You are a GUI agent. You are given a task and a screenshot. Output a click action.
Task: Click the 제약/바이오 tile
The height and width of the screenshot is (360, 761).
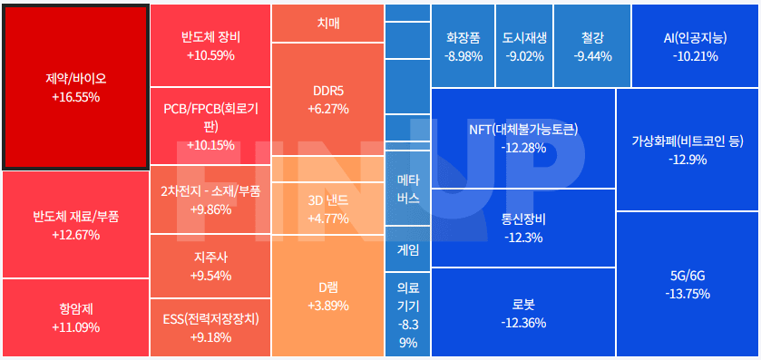click(75, 87)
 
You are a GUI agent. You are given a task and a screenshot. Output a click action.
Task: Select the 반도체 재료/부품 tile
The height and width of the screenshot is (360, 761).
click(75, 225)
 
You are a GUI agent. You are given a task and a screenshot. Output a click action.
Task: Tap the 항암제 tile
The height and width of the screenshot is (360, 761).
click(75, 317)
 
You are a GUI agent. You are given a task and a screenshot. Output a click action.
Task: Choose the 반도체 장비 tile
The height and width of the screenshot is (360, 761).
click(210, 45)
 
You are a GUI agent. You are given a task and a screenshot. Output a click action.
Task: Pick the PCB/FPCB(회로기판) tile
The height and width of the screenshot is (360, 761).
click(210, 126)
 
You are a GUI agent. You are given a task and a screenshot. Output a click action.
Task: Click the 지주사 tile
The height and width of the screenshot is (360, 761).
click(210, 266)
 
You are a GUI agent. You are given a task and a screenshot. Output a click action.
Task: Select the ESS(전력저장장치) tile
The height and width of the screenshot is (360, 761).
click(210, 327)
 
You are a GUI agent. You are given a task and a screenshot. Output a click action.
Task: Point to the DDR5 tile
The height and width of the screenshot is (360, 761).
click(328, 100)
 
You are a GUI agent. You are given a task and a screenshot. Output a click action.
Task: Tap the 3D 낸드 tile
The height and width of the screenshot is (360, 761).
click(328, 209)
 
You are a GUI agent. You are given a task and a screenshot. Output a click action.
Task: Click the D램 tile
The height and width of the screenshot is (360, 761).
click(328, 296)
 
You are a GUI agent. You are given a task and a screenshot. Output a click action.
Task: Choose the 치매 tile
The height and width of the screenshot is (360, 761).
click(328, 23)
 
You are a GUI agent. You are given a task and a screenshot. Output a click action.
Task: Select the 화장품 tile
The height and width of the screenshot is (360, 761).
click(463, 46)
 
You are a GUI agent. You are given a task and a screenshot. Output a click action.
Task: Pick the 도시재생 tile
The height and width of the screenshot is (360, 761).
click(523, 46)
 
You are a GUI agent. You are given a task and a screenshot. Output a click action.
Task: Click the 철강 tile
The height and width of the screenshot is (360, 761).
click(591, 46)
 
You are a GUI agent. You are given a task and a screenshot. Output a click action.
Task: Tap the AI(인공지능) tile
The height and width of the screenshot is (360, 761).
click(695, 46)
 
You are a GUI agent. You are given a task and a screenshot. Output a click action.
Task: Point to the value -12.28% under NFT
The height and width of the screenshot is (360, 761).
click(523, 148)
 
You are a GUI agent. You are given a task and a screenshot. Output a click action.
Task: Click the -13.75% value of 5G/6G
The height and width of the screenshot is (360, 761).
click(688, 294)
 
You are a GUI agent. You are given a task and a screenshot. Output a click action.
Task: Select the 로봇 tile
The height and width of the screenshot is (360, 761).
click(523, 314)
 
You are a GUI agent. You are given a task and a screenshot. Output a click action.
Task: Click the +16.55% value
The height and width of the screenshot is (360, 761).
click(75, 96)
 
